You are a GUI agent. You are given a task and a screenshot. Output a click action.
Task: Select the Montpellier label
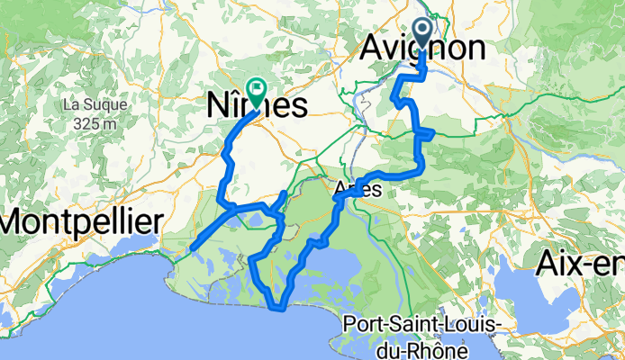pyautogui.click(x=81, y=221)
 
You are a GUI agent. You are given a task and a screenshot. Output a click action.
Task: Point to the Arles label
pyautogui.click(x=358, y=190)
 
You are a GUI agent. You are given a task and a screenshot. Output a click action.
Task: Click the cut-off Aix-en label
pyautogui.click(x=580, y=264)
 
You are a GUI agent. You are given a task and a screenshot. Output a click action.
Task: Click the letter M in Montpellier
pyautogui.click(x=19, y=221)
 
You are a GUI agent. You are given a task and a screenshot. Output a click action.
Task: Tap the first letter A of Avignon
pyautogui.click(x=373, y=49)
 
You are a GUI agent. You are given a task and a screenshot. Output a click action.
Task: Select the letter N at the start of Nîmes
pyautogui.click(x=209, y=105)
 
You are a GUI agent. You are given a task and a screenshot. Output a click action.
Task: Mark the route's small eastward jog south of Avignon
pyautogui.click(x=430, y=133)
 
